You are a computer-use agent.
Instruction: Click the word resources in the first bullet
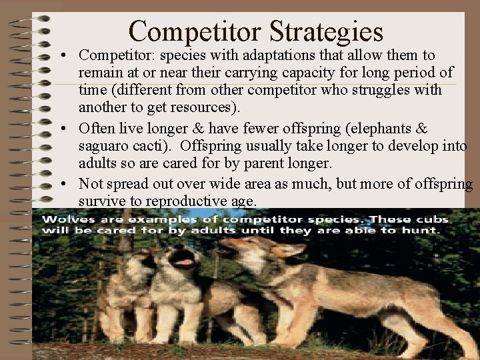(211, 107)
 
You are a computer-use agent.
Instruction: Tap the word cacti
(155, 145)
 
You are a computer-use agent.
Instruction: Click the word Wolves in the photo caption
(63, 219)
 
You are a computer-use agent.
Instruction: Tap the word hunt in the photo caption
(425, 231)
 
